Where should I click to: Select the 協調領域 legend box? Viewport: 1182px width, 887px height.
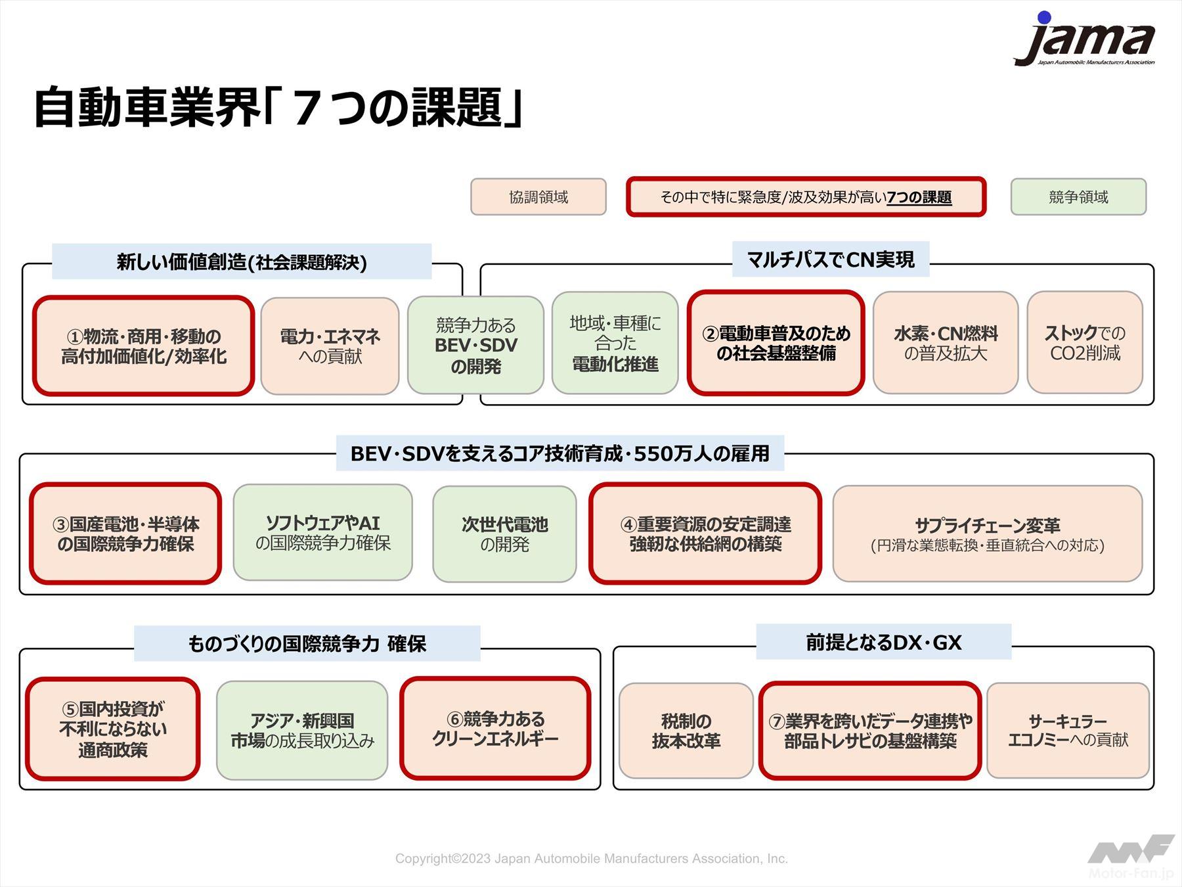point(538,197)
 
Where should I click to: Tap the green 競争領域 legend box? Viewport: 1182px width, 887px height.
point(1078,197)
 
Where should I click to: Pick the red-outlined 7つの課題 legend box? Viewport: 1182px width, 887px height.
point(806,197)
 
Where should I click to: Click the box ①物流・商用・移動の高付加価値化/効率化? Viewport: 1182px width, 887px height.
point(143,346)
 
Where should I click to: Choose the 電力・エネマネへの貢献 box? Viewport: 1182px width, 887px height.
point(330,346)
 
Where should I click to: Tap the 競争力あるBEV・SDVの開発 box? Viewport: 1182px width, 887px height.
point(475,346)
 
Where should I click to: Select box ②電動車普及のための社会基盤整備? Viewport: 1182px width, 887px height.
point(776,343)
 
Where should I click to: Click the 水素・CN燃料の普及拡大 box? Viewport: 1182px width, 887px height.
point(945,343)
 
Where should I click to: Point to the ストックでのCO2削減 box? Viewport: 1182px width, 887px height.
point(1085,343)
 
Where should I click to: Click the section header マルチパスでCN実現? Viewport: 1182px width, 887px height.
point(830,260)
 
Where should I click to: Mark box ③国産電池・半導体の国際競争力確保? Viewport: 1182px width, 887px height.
point(125,534)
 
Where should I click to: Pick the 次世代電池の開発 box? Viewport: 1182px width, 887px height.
point(504,534)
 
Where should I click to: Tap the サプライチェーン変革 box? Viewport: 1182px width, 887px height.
point(987,534)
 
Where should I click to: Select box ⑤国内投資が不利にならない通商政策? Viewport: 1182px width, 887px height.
point(113,729)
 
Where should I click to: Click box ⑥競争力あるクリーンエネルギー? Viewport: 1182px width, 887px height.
point(495,729)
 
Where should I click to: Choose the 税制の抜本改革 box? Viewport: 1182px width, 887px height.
point(686,731)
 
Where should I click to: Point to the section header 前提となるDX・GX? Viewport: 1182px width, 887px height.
point(883,642)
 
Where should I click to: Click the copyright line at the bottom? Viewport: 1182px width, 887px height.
point(591,859)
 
